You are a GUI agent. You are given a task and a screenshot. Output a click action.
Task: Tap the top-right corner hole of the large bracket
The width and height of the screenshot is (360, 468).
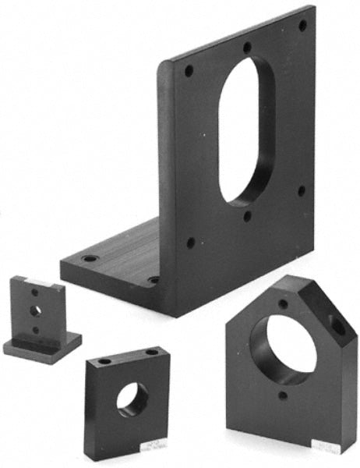[302, 25]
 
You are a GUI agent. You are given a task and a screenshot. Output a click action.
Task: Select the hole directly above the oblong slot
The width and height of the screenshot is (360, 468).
[247, 48]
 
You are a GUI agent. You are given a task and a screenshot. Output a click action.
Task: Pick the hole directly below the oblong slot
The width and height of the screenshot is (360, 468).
[247, 216]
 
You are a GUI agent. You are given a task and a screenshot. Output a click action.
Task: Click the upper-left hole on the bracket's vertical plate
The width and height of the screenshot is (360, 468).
[189, 71]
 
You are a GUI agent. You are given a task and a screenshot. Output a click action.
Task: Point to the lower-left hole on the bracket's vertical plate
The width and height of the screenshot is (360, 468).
[190, 243]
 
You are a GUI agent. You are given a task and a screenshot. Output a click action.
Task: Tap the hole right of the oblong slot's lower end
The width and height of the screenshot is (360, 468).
[301, 190]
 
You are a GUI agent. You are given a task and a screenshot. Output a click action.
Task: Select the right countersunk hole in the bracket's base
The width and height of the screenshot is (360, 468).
[154, 279]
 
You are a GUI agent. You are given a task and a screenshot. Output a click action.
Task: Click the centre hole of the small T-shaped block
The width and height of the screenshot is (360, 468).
[36, 310]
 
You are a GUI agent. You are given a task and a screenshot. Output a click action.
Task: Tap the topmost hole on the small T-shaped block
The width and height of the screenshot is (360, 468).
[34, 293]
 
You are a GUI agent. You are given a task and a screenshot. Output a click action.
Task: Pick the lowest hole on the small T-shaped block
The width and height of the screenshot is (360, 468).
[36, 331]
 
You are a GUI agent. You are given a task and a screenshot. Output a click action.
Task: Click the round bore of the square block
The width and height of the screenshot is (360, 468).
[132, 399]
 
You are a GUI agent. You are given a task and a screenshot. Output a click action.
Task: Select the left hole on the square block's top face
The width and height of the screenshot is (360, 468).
[104, 361]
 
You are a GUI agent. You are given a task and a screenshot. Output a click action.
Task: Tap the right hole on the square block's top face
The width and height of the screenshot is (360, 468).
[151, 353]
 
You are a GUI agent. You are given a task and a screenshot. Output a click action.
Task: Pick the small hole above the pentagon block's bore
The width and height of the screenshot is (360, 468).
[281, 304]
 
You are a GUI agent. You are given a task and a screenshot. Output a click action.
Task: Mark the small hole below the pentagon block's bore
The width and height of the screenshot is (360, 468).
[282, 396]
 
